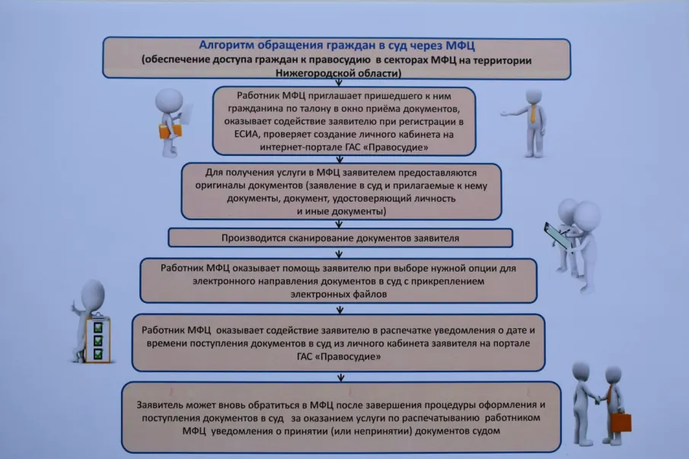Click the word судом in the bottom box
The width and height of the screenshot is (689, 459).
pos(485,431)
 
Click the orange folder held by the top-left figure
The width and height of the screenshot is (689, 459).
pos(169,130)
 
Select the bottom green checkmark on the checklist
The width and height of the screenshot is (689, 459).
pos(97,353)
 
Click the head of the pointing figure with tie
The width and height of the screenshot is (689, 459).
pos(534,95)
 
